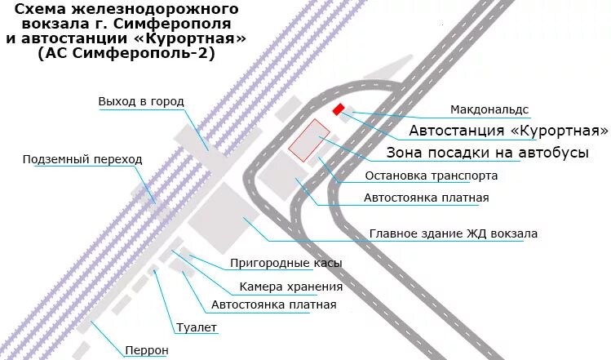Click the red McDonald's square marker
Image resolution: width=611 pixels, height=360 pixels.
coord(338,109)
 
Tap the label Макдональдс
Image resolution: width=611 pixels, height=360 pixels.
coord(489,109)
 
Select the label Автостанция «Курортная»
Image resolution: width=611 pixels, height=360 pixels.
coord(509,131)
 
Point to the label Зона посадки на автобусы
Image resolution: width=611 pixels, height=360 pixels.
coord(487,153)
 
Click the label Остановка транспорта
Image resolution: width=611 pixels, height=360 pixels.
coord(431,176)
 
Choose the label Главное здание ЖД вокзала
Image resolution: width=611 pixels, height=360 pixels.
coord(454,233)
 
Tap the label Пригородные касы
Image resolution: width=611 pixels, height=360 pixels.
coord(286,263)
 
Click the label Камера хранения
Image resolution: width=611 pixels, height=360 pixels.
coord(290,287)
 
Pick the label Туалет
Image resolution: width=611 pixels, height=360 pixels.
coord(197,327)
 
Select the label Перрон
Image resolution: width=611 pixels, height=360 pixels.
coord(146,351)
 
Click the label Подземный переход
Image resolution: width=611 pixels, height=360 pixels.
coord(82,159)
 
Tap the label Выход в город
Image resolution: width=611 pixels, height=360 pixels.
coord(141,101)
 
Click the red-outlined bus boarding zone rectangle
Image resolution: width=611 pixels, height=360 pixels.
coord(308,140)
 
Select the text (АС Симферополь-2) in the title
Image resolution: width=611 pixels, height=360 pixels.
coord(126,53)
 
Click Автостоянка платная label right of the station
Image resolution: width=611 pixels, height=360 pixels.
coord(426,198)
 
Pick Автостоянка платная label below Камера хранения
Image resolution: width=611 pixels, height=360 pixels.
coord(273,305)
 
